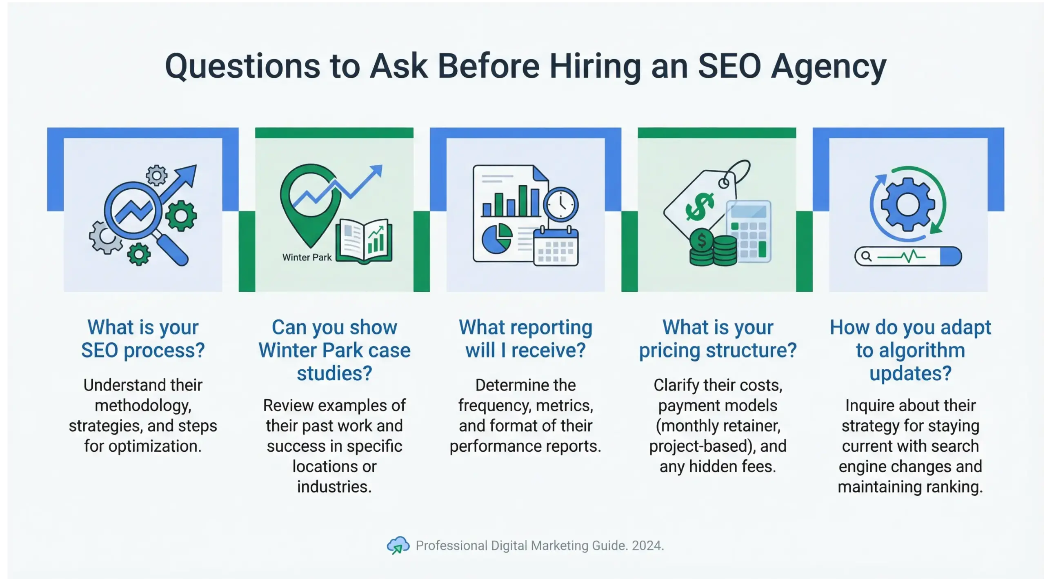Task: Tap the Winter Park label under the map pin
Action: click(x=307, y=257)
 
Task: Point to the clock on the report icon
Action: click(x=561, y=204)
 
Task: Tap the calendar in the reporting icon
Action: click(x=556, y=247)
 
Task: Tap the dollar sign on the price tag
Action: click(x=699, y=206)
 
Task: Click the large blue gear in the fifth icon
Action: click(x=907, y=204)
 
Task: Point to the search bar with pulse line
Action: click(x=908, y=257)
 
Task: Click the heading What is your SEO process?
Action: click(x=143, y=339)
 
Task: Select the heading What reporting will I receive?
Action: click(x=525, y=339)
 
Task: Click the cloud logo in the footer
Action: click(x=398, y=545)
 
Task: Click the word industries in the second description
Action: click(x=334, y=487)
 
